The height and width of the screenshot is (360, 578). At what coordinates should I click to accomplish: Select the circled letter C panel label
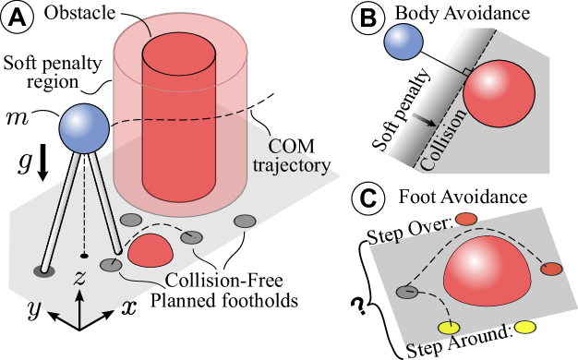pos(369,198)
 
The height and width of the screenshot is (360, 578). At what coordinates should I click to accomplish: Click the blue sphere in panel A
pos(84,129)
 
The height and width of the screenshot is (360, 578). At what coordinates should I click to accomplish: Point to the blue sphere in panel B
pos(403,42)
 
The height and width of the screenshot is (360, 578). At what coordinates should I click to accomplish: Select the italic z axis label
pos(80,277)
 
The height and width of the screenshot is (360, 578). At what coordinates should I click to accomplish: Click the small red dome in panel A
pos(151,251)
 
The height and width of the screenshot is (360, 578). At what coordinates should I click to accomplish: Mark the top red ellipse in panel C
pos(466,219)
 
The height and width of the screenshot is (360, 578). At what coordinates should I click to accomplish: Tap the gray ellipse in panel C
pos(407,292)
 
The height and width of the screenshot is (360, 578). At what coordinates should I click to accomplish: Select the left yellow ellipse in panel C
pos(449,329)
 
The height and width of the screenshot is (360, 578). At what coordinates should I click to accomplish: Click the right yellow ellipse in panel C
pos(524,327)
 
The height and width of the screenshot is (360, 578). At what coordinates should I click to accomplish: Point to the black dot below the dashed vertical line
pos(84,255)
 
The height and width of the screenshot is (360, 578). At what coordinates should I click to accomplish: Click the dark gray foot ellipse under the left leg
pos(43,270)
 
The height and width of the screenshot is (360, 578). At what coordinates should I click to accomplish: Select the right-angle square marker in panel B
pos(468,72)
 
